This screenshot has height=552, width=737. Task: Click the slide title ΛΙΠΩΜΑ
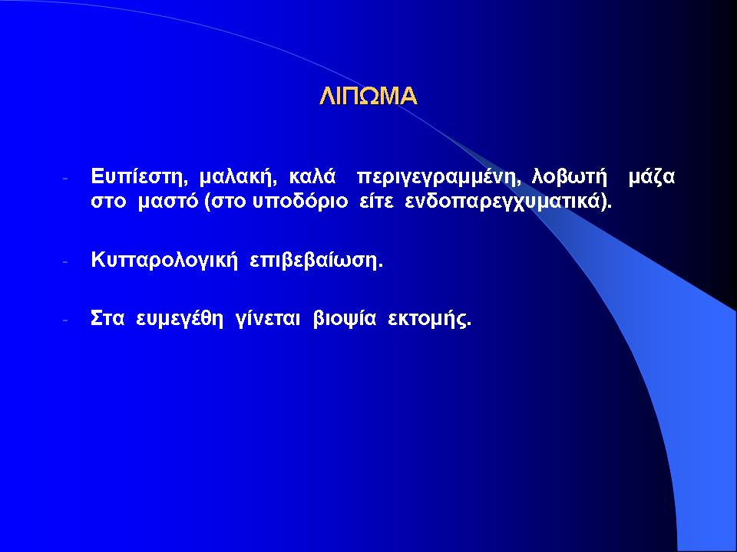click(x=368, y=96)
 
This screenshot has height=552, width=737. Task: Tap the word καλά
click(x=312, y=176)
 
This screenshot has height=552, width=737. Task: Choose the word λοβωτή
click(x=569, y=177)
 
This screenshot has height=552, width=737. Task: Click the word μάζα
click(x=652, y=177)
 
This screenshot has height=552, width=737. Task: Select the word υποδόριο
click(x=300, y=202)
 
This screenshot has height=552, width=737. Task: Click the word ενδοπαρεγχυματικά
click(x=503, y=202)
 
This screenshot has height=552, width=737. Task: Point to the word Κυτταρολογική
click(x=164, y=260)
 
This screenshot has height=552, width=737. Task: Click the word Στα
click(x=107, y=319)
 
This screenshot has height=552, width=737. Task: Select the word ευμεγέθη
click(x=180, y=320)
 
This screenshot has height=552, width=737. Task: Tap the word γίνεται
click(x=267, y=320)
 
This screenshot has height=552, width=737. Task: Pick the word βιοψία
click(x=345, y=320)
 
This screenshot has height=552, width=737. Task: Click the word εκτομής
click(x=428, y=320)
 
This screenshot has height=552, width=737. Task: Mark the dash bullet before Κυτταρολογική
click(x=66, y=261)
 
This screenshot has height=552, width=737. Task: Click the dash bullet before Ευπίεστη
click(x=66, y=179)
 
